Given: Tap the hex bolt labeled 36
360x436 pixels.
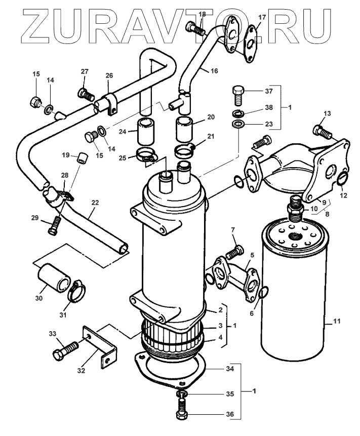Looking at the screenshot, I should (182, 411).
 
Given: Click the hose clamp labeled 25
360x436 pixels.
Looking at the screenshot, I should (146, 156).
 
